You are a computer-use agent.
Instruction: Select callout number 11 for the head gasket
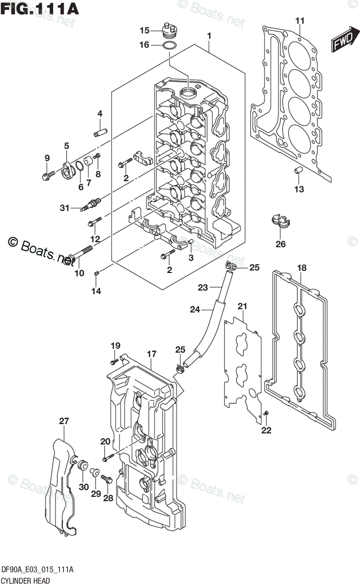pyautogui.click(x=299, y=21)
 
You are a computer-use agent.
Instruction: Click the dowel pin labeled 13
pyautogui.click(x=297, y=171)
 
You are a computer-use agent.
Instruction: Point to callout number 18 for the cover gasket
pyautogui.click(x=302, y=268)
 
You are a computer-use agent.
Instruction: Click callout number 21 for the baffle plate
pyautogui.click(x=241, y=306)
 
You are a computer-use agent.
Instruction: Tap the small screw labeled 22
pyautogui.click(x=266, y=415)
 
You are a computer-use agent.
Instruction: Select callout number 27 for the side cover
pyautogui.click(x=64, y=421)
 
